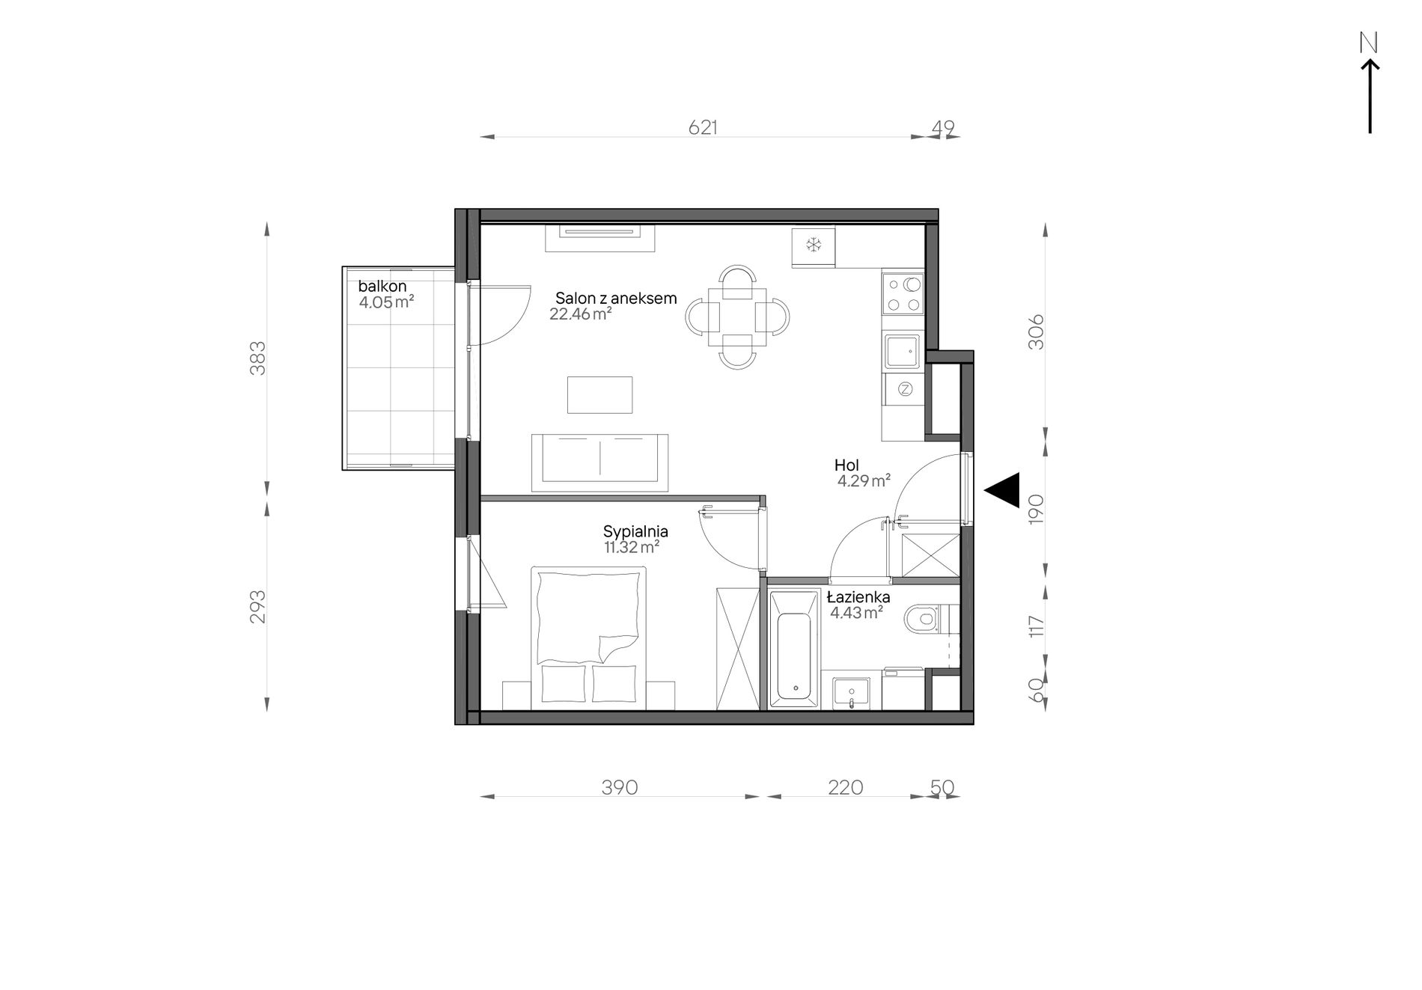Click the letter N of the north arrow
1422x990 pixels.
coord(1369,43)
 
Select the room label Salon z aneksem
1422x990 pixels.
coord(616,298)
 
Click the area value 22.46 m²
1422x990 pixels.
coord(581,314)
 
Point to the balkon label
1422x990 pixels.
coord(382,286)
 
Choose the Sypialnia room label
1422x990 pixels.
coord(635,531)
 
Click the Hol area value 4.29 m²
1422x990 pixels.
coord(864,481)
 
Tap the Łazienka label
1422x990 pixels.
coord(858,597)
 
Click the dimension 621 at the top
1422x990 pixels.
coord(703,128)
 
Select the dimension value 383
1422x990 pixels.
coord(257,358)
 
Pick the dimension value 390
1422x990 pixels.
coord(620,787)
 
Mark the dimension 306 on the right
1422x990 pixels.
coord(1036,331)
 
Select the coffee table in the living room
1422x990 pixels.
coord(599,394)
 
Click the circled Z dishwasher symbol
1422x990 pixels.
coord(905,389)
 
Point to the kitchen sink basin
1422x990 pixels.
coord(902,352)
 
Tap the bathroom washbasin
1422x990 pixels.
coord(852,691)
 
